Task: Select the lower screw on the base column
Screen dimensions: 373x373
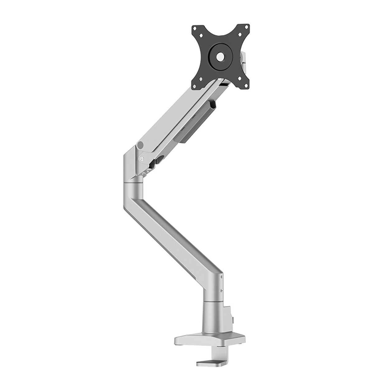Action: tap(221, 291)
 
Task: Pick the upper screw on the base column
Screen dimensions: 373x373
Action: tap(221, 276)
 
